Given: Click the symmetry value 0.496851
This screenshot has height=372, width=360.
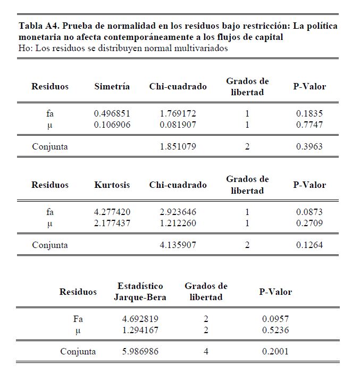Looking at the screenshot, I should [x=112, y=113].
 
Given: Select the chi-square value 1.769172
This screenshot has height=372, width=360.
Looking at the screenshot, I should [x=178, y=113].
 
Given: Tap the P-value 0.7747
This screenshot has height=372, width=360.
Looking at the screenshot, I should [x=309, y=125].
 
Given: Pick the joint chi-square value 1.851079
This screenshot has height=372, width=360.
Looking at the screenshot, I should [x=178, y=146].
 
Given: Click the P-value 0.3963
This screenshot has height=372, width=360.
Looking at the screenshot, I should [x=309, y=146].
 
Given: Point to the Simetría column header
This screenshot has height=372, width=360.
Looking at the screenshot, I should [x=112, y=86].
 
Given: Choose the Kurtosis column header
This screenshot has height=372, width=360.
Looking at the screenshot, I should [x=112, y=185].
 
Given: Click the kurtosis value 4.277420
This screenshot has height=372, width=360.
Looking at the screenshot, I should [x=112, y=212].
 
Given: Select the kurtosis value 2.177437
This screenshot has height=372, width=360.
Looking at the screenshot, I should [x=112, y=223].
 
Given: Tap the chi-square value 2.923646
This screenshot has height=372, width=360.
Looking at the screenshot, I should [x=178, y=212].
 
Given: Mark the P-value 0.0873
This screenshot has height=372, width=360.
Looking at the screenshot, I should [x=309, y=212].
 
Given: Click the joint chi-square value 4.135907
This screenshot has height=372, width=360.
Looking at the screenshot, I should [x=178, y=245].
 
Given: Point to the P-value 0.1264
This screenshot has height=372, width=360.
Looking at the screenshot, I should [x=309, y=245].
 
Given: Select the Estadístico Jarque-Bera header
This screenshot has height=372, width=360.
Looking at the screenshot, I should [x=140, y=292].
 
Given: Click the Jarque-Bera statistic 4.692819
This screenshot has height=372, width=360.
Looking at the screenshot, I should [x=140, y=319].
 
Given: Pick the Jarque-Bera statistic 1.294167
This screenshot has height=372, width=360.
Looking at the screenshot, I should [x=140, y=330].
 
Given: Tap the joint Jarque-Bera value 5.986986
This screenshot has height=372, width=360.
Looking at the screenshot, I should [x=140, y=352].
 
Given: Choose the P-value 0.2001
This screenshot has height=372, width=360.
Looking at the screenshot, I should [x=275, y=352].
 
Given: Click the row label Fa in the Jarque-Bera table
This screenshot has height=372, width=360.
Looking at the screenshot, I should [x=78, y=319].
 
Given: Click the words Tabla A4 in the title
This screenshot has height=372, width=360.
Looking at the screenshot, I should [x=38, y=26].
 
